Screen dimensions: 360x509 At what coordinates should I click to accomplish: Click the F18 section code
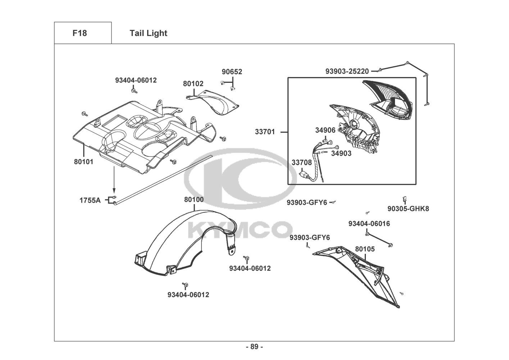coord(79,33)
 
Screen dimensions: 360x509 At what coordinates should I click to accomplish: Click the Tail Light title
coord(148,33)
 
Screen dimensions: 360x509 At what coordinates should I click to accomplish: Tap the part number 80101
coord(83,162)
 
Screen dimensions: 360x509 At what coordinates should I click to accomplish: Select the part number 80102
coord(193,84)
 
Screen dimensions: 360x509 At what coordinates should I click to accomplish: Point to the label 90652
coord(232,72)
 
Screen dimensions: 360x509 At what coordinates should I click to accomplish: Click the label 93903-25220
coord(347,71)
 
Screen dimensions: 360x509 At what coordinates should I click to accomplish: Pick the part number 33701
coord(265,132)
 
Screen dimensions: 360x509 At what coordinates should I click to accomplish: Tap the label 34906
coord(325,130)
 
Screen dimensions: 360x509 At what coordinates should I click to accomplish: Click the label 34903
coord(341,153)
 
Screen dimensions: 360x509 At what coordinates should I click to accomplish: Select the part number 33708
coord(301,162)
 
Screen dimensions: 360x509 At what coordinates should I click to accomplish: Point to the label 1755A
coord(90,200)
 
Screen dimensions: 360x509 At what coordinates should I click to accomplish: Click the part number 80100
coord(194,199)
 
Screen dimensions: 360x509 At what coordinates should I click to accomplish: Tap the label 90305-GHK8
coord(408,208)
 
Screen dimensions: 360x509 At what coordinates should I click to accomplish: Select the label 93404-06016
coord(369,224)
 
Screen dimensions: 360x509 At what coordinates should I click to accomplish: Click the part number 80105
coord(365,249)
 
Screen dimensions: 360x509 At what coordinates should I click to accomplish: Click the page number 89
coord(254,347)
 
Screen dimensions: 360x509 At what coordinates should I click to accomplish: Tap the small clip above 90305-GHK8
coord(405,198)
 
